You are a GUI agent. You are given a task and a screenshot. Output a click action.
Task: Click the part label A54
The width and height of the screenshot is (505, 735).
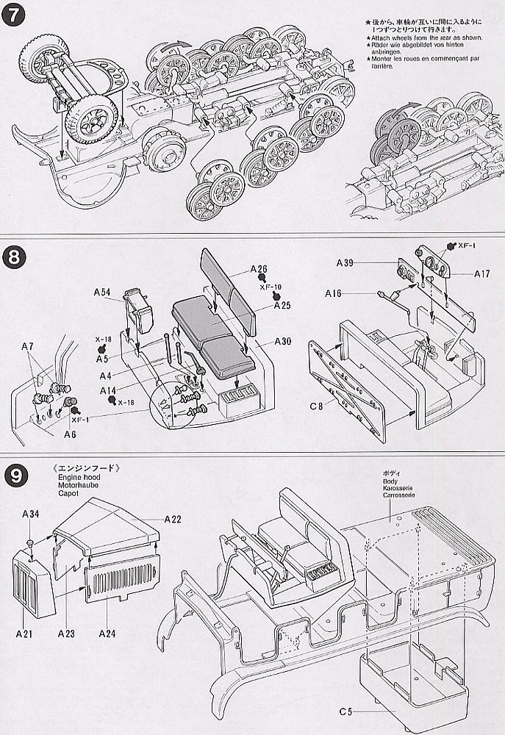[x=103, y=292]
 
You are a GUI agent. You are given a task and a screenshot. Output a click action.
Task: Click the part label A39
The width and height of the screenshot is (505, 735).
[x=347, y=262]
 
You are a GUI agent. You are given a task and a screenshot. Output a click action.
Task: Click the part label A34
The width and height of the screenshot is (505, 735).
[x=30, y=514]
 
